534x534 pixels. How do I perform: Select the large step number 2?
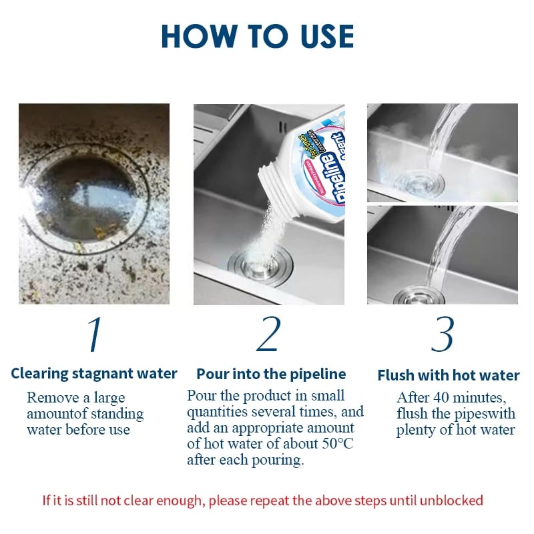pyautogui.click(x=269, y=334)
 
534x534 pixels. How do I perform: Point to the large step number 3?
pyautogui.click(x=443, y=334)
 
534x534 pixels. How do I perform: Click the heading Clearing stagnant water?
pyautogui.click(x=94, y=374)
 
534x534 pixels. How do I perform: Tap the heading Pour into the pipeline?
pyautogui.click(x=271, y=374)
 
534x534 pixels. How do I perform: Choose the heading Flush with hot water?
pyautogui.click(x=449, y=375)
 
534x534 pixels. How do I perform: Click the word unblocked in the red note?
pyautogui.click(x=451, y=501)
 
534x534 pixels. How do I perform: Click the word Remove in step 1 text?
pyautogui.click(x=53, y=397)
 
